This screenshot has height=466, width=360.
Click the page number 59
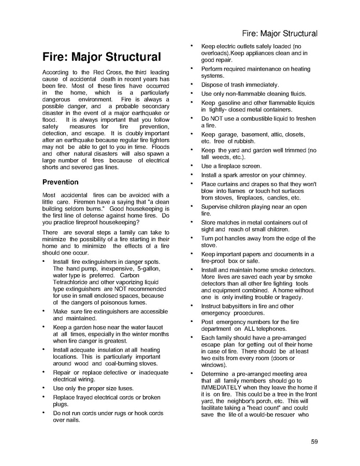pyautogui.click(x=314, y=442)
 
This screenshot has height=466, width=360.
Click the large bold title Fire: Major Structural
pyautogui.click(x=101, y=57)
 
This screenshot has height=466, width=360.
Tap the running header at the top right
pyautogui.click(x=279, y=34)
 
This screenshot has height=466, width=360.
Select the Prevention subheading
pyautogui.click(x=60, y=182)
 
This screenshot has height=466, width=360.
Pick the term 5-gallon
pyautogui.click(x=149, y=269)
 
